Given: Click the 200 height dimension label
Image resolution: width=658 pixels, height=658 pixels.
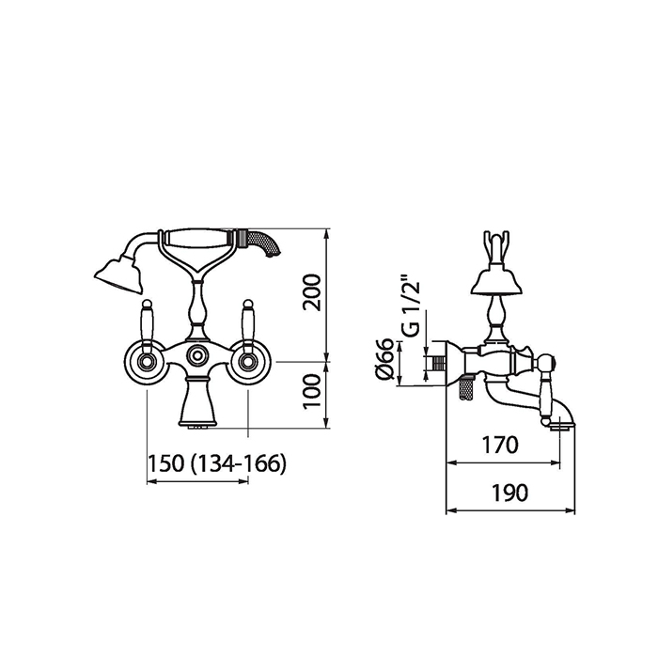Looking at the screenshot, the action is coord(312,292).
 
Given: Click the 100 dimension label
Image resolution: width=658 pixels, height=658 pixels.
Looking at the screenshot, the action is coord(312,391).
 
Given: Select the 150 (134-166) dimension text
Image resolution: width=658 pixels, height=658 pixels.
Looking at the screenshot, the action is coord(217,463).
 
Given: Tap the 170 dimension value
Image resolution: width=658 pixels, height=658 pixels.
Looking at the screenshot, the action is coord(500,446).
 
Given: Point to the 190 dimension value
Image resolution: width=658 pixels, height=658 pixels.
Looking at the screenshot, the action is coord(509,493).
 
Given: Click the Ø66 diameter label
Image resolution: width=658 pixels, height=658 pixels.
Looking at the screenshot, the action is coord(384,360).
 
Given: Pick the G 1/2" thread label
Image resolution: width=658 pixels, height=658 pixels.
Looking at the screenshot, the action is coord(411,305).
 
